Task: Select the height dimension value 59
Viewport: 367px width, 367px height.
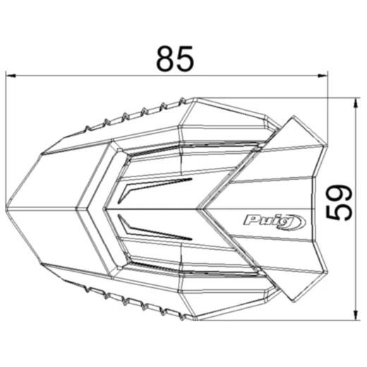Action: click(x=338, y=203)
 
